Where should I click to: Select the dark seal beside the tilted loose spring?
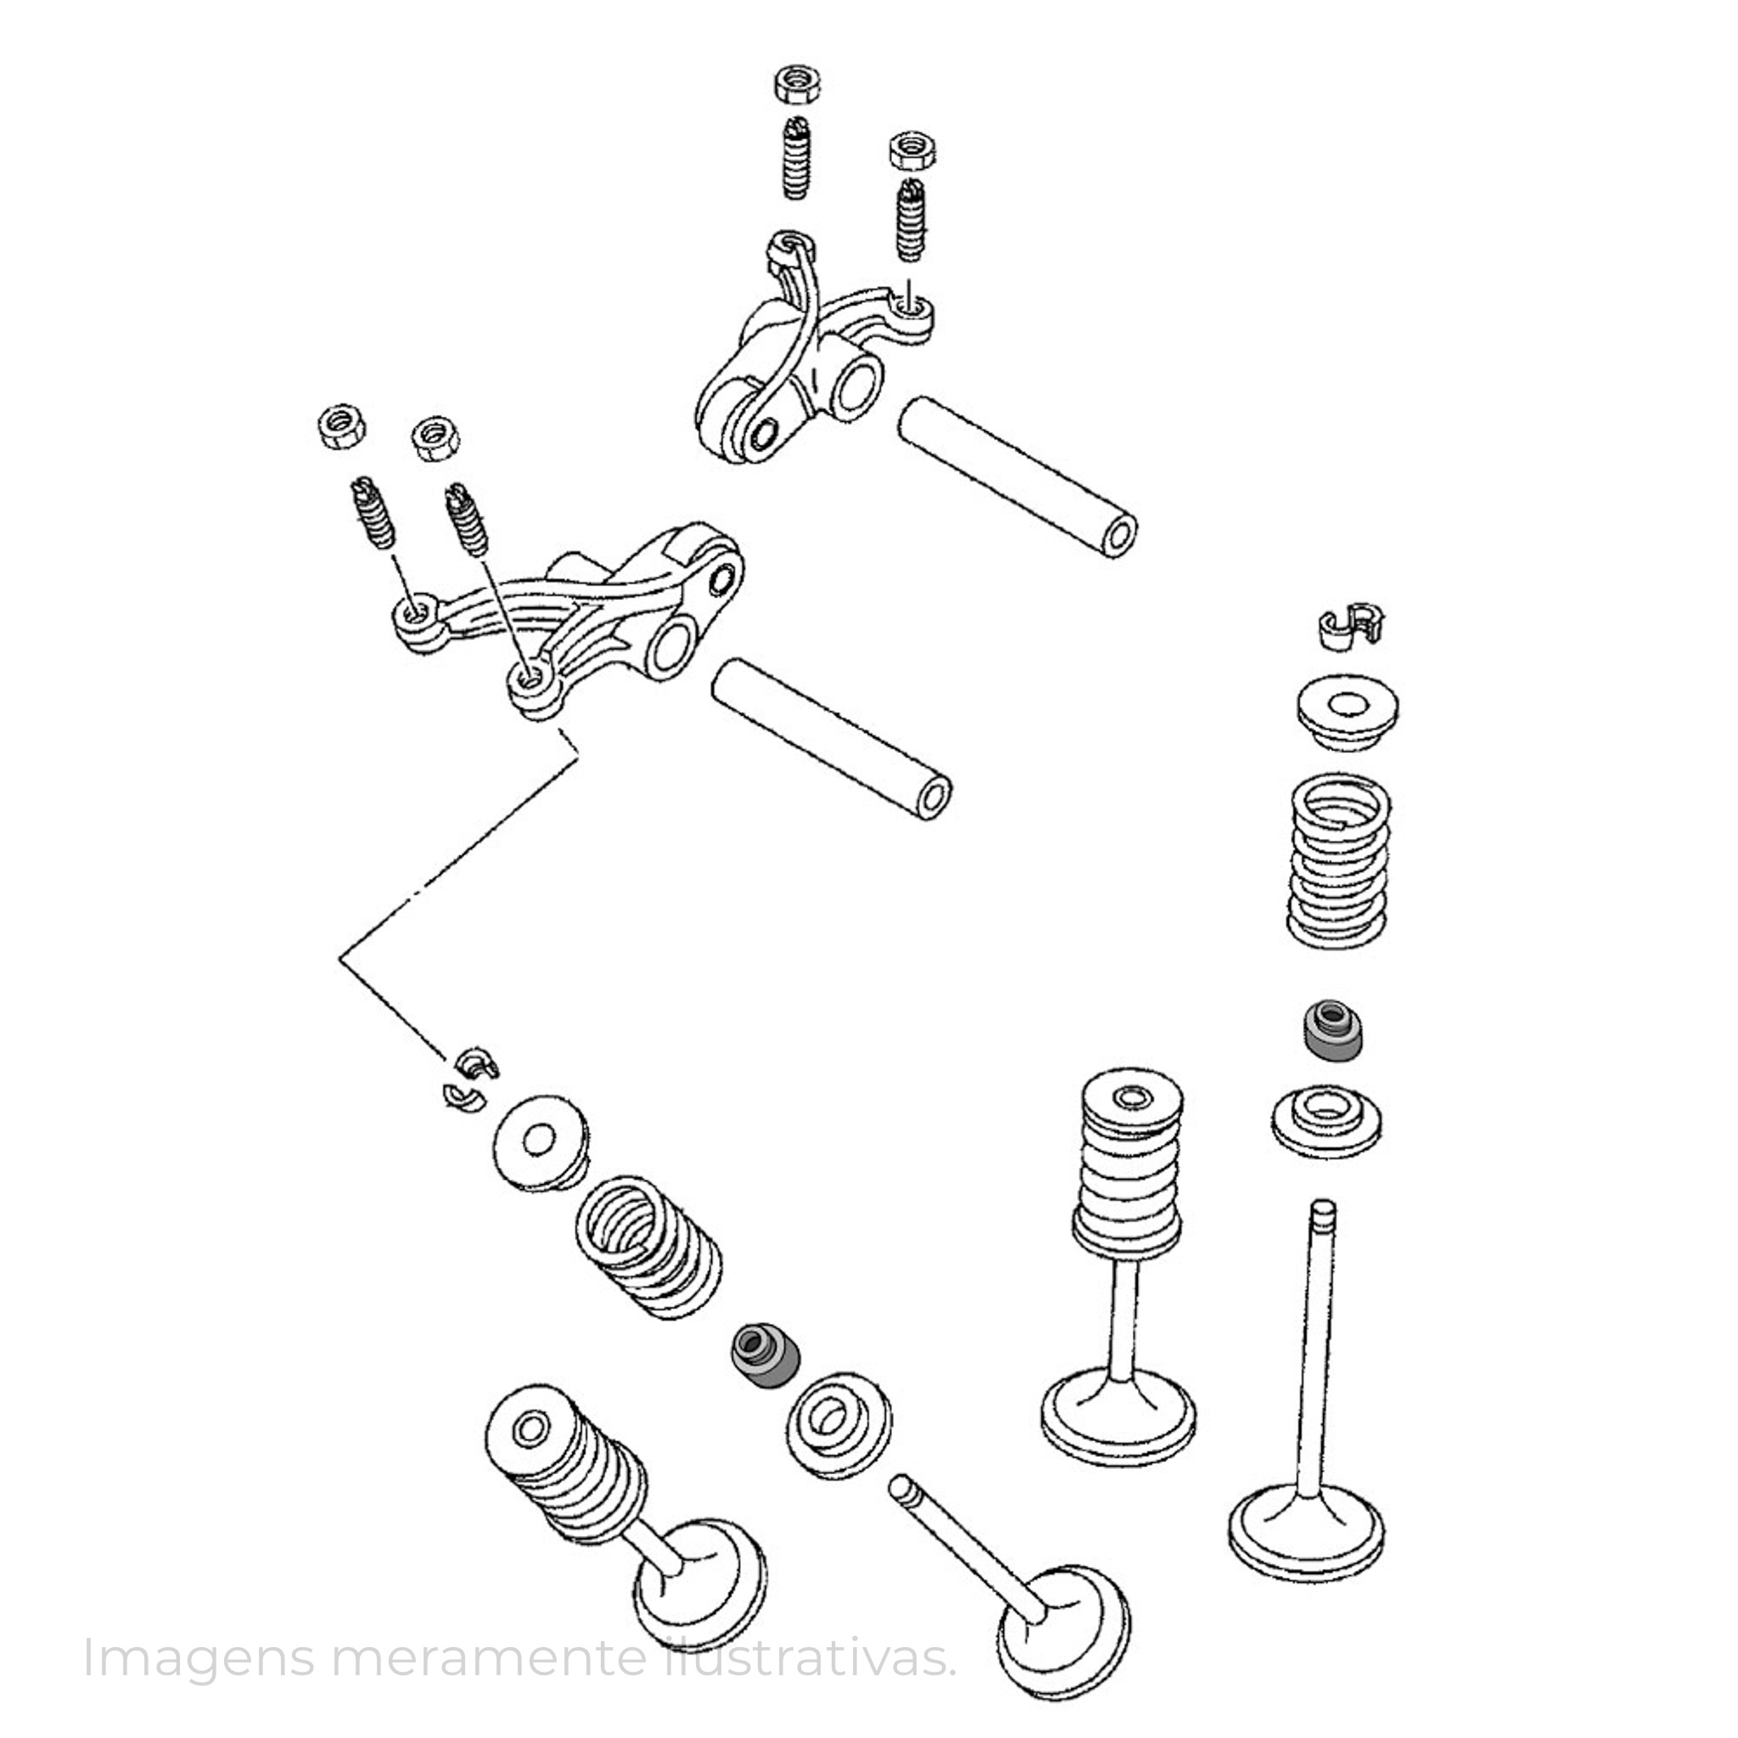(x=765, y=1372)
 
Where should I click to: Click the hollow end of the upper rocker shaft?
(x=1118, y=539)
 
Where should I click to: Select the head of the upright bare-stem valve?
(x=1306, y=1542)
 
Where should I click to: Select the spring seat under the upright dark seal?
(x=1328, y=1121)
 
